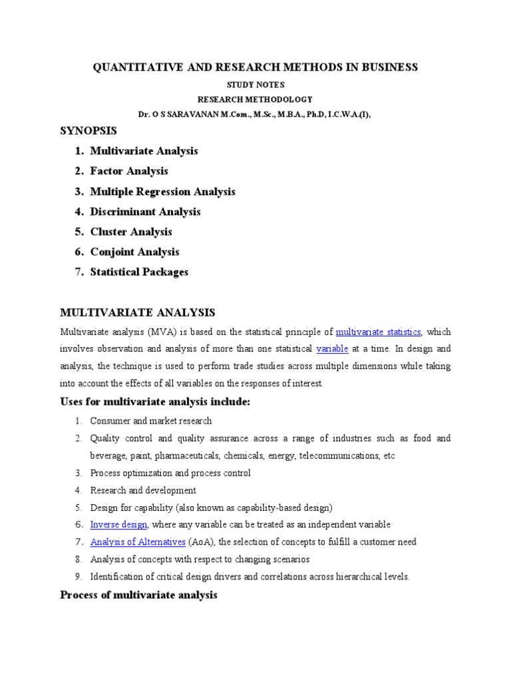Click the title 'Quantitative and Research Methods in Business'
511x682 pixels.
tap(255, 67)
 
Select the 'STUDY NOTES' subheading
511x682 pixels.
tap(255, 85)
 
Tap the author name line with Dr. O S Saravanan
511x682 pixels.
tap(255, 114)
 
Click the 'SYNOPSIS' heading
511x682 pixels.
tap(88, 131)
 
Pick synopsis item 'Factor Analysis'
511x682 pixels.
tap(129, 171)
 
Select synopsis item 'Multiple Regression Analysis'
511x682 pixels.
tap(162, 192)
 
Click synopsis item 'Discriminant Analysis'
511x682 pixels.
tap(145, 212)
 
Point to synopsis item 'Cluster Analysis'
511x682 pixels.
tap(131, 232)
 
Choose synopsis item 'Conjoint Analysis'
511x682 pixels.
tap(134, 252)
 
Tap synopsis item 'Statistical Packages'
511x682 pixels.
tap(139, 272)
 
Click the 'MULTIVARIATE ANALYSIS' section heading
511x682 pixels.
tap(138, 312)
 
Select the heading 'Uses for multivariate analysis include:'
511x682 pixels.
tap(154, 402)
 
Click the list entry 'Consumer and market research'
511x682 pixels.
tap(151, 421)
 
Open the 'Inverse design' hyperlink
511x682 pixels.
tap(118, 525)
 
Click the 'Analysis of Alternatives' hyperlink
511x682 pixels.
tap(138, 542)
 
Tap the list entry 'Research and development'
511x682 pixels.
tap(143, 490)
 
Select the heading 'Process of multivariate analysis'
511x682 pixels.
tap(138, 595)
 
